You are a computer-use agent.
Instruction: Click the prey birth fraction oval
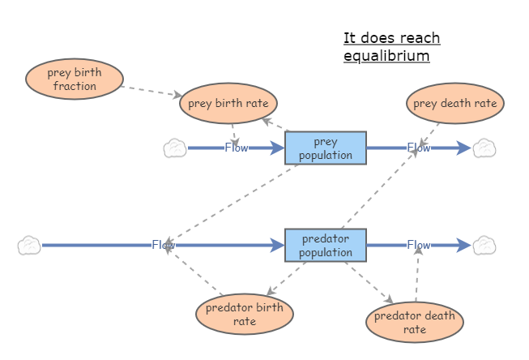coord(75,79)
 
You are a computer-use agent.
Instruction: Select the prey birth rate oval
coord(229,104)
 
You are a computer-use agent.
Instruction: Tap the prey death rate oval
coord(454,104)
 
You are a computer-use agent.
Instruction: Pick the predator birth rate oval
coord(245,314)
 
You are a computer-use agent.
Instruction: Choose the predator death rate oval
coord(415,322)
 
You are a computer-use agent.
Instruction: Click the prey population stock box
coord(326,148)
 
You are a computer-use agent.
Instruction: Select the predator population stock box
coord(326,246)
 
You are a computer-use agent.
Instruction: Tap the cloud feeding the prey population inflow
coord(175,148)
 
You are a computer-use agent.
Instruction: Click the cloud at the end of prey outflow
coord(484,148)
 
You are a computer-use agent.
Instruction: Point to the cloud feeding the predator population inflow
coord(29,245)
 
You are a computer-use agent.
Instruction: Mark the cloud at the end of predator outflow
coord(484,245)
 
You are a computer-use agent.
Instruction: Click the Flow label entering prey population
coord(237,148)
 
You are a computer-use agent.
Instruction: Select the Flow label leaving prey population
coord(419,148)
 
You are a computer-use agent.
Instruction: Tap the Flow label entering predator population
coord(163,245)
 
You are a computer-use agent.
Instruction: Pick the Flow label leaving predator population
coord(419,245)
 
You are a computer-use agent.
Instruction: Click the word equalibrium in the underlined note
coord(386,57)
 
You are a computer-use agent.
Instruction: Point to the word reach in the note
coord(416,38)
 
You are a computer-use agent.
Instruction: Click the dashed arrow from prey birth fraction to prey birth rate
coord(151,88)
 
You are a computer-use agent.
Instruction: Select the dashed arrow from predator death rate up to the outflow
coord(417,276)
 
